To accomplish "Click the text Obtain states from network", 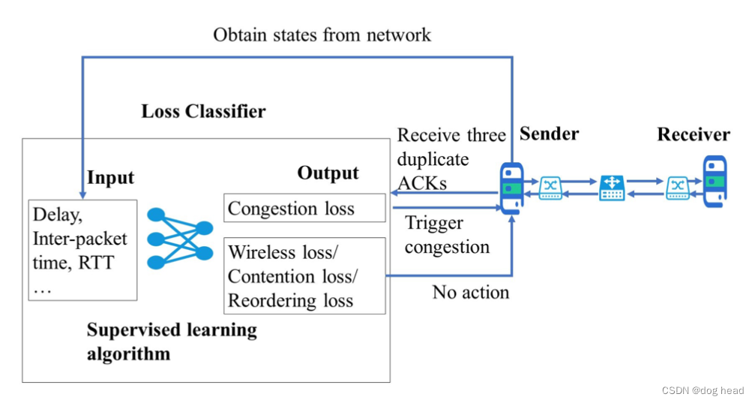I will pyautogui.click(x=322, y=35).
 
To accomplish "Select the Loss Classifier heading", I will pyautogui.click(x=203, y=113).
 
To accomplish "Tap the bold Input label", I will pyautogui.click(x=110, y=178).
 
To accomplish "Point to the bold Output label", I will pyautogui.click(x=328, y=173).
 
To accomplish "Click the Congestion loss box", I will pyautogui.click(x=304, y=209).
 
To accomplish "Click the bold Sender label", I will pyautogui.click(x=549, y=134).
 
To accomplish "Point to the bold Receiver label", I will pyautogui.click(x=694, y=135).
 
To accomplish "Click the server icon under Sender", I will pyautogui.click(x=511, y=187).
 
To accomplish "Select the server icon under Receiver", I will pyautogui.click(x=714, y=181).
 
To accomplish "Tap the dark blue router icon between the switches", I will pyautogui.click(x=610, y=187).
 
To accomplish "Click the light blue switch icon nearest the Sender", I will pyautogui.click(x=551, y=188).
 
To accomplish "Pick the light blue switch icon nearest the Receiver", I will pyautogui.click(x=677, y=188).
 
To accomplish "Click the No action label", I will pyautogui.click(x=470, y=293).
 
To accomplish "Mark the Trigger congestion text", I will pyautogui.click(x=446, y=235).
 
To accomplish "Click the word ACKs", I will pyautogui.click(x=421, y=183).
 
